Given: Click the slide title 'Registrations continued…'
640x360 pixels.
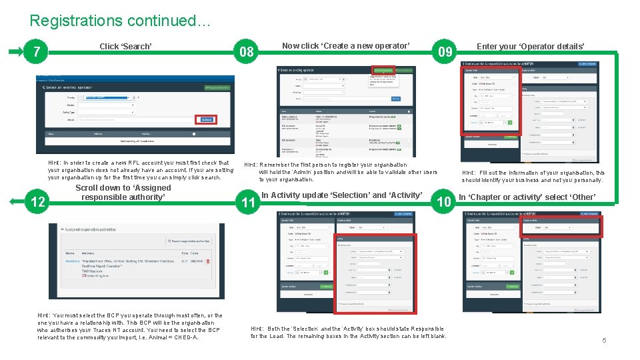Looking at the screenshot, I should click(x=120, y=21).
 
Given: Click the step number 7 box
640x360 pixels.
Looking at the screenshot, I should click(x=38, y=52).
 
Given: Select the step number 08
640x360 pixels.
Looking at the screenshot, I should click(x=247, y=52).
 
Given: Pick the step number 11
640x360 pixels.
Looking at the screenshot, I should click(x=249, y=203).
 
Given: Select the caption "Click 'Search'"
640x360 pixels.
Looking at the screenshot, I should click(x=125, y=46).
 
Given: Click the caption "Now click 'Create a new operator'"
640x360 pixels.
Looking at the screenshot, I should click(x=345, y=46).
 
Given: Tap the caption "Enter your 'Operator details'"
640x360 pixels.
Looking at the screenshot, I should click(x=531, y=46).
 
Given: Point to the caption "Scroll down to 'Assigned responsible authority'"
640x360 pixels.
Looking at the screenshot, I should click(x=123, y=192).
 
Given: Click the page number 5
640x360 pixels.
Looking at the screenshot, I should click(x=604, y=341).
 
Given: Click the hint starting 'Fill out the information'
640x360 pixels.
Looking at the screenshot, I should click(x=533, y=176).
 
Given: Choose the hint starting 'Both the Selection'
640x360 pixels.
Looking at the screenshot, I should click(x=348, y=332).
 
